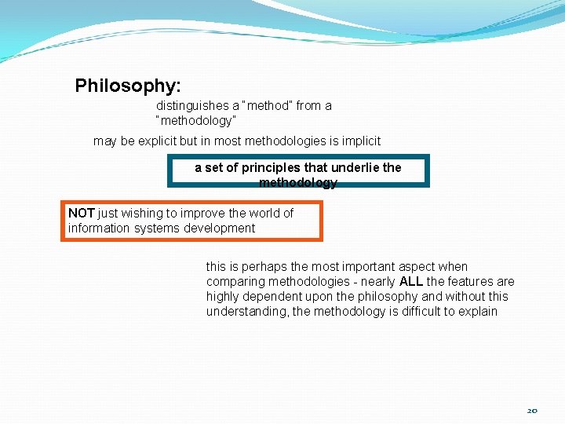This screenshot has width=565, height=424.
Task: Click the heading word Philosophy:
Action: tap(128, 86)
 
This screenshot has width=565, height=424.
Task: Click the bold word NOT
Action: tap(81, 214)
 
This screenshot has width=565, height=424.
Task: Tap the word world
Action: tap(263, 214)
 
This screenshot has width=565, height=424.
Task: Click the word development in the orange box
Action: tap(219, 228)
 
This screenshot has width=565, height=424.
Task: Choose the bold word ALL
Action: tap(411, 282)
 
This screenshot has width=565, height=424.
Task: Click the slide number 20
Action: tap(532, 411)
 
